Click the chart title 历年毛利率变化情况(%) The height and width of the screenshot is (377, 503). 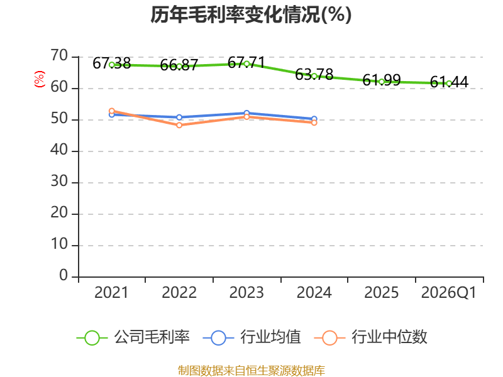click(x=251, y=14)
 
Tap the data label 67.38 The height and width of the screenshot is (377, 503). click(x=112, y=63)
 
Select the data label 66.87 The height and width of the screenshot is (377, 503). click(x=179, y=65)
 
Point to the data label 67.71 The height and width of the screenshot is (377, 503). click(x=246, y=62)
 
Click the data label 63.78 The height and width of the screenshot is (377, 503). click(x=314, y=74)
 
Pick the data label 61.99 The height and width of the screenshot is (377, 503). click(x=382, y=80)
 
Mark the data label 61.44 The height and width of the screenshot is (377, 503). click(x=449, y=82)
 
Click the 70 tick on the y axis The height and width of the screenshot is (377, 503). click(x=59, y=56)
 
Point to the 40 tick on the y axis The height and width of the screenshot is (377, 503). click(x=59, y=150)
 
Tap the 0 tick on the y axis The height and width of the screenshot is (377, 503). click(x=64, y=276)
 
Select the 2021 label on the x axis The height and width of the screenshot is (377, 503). click(x=111, y=292)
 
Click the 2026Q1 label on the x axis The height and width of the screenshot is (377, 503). click(x=449, y=292)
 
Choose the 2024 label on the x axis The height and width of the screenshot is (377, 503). click(x=314, y=292)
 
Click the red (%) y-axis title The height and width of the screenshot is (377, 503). click(x=40, y=79)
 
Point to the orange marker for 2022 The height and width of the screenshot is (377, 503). click(x=179, y=125)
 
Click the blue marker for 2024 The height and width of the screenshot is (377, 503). click(x=314, y=119)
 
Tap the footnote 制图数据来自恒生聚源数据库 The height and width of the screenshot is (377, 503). click(x=251, y=370)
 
